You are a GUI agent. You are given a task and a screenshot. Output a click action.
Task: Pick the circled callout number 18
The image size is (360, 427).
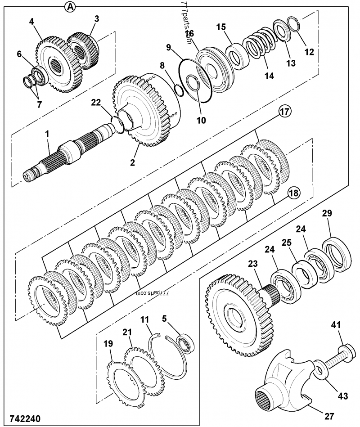click(293, 193)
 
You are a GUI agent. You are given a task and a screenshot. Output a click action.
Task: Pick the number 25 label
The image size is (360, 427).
click(287, 243)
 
